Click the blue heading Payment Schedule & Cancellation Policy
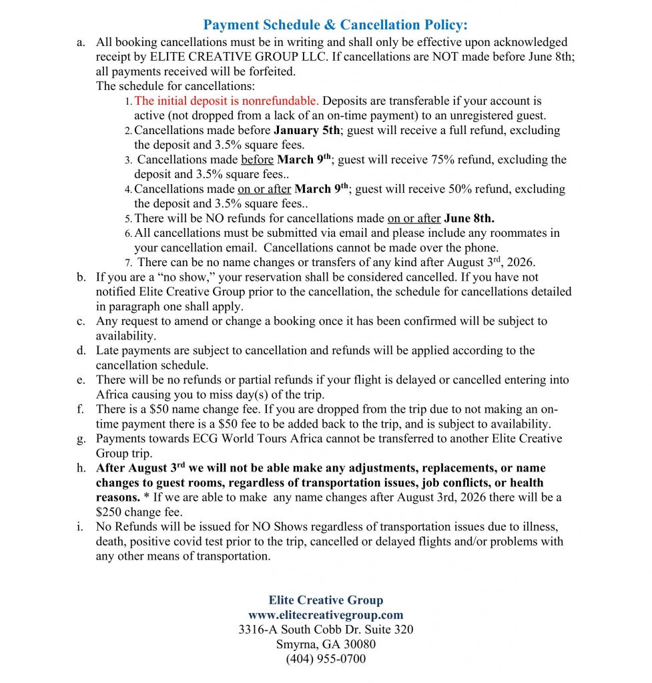(336, 25)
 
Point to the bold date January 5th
(306, 131)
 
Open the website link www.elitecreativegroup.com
(326, 615)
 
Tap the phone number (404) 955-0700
(326, 659)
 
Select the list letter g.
(81, 439)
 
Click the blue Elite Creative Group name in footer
(326, 600)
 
